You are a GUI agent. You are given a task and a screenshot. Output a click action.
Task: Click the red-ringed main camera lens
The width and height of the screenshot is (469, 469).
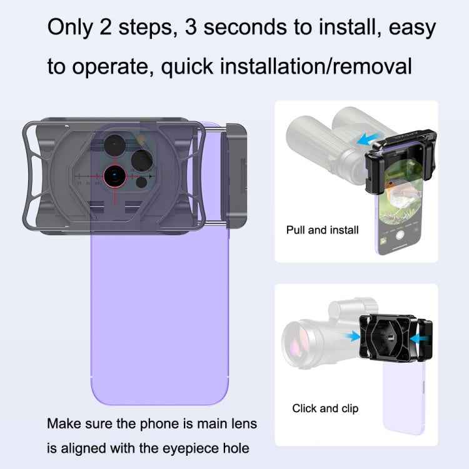pos(116,176)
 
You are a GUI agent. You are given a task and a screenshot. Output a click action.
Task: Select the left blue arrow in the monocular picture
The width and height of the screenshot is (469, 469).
pos(353,336)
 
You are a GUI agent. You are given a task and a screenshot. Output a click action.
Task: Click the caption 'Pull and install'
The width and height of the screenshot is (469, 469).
pos(322,230)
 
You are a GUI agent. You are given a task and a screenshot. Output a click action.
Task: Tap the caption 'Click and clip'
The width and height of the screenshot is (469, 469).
pos(325,408)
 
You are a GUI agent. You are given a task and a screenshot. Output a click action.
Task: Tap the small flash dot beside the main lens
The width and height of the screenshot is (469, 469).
pos(142,183)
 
